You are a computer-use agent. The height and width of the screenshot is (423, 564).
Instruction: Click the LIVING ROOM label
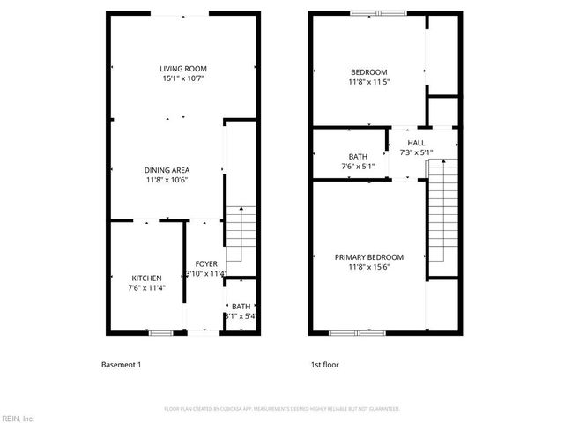(x=183, y=70)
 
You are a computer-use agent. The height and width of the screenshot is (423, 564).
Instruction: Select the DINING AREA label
(x=167, y=170)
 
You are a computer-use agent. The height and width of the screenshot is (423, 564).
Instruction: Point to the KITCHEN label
(x=146, y=278)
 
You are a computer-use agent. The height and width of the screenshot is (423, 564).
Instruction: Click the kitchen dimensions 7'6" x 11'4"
(x=146, y=287)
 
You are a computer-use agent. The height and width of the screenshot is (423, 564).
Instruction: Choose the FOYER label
(x=206, y=263)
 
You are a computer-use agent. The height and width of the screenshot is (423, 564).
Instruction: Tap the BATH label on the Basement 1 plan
(x=241, y=306)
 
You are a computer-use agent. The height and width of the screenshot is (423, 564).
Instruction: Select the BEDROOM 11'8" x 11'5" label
(x=368, y=71)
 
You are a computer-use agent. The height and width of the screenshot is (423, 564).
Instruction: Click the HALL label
(x=417, y=143)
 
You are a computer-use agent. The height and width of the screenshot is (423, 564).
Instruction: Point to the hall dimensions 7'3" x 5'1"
(x=417, y=152)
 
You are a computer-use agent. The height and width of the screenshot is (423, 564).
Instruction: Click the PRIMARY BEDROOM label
(x=368, y=257)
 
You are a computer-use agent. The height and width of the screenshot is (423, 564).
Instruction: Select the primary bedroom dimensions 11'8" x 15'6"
(x=368, y=267)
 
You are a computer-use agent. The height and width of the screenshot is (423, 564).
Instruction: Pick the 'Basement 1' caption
(x=121, y=364)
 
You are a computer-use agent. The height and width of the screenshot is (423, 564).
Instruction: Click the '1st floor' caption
(x=324, y=364)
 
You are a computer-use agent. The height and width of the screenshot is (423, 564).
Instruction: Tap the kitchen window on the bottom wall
(x=160, y=332)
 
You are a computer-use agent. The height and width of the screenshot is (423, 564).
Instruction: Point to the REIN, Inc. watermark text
(x=17, y=418)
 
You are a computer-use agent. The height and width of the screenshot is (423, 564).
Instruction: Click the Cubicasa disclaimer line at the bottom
(x=282, y=409)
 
